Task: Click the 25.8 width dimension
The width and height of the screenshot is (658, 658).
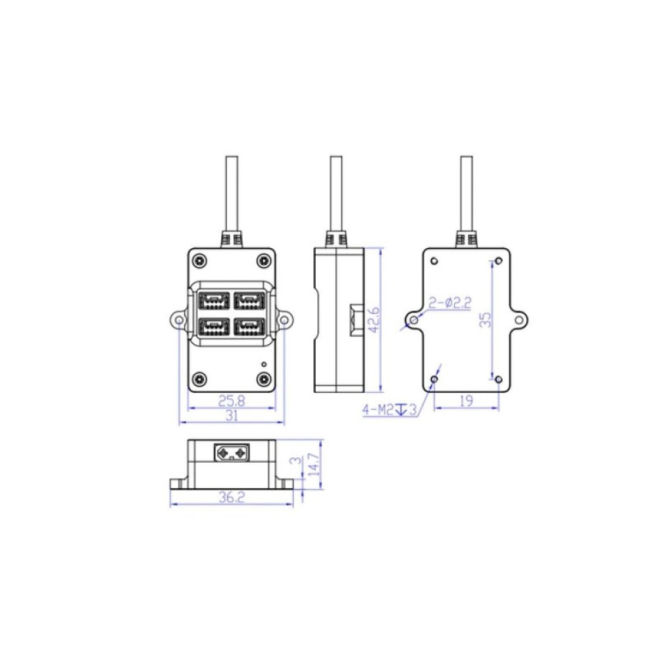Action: pos(232,401)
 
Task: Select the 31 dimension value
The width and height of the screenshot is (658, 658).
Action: pos(232,416)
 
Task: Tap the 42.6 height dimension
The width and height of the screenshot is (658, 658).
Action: pos(374,320)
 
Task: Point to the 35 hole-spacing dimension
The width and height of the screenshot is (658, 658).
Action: pos(486,320)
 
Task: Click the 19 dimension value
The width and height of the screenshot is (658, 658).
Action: pos(467,401)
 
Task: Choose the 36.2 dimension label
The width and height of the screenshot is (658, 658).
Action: pos(231,497)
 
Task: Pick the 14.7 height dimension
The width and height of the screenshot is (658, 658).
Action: pos(315,464)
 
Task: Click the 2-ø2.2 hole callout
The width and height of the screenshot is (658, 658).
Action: pos(450,303)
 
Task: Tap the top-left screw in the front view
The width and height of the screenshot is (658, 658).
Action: pos(200,261)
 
